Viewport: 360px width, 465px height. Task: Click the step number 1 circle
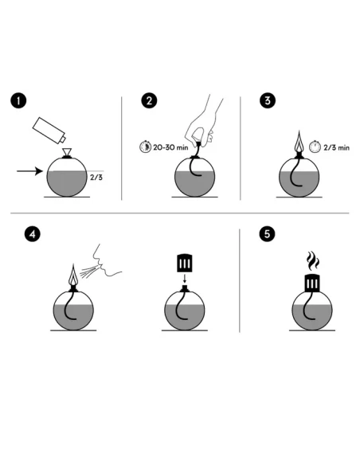18,101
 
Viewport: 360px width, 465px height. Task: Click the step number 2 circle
149,101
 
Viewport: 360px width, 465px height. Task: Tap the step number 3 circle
268,100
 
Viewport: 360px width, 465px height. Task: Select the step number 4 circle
33,234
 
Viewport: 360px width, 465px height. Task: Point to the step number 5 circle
267,233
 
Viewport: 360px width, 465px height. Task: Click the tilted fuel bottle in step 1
49,131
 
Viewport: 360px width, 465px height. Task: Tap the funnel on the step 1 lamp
67,151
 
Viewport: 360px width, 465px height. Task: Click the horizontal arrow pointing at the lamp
29,171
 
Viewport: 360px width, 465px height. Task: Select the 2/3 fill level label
96,178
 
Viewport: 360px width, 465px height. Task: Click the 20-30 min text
170,147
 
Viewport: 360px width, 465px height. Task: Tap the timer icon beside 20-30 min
145,147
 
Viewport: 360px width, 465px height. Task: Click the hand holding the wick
202,123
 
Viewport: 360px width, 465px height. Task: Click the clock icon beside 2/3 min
315,147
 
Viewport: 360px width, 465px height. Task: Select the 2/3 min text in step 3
337,147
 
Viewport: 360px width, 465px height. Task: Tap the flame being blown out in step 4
73,275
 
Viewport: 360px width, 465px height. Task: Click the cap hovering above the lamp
185,263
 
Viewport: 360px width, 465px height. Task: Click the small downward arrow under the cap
185,279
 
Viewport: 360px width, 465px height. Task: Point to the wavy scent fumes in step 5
312,260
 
